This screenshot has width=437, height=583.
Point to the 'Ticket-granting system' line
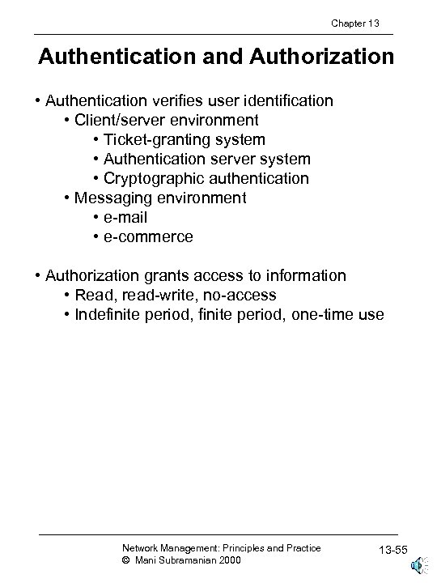tap(185, 139)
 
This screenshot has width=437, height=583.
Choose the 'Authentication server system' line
tap(207, 159)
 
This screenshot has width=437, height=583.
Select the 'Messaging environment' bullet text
tap(160, 198)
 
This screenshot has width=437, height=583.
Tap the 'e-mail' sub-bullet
tap(126, 217)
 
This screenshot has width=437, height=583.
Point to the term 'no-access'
tap(242, 295)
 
